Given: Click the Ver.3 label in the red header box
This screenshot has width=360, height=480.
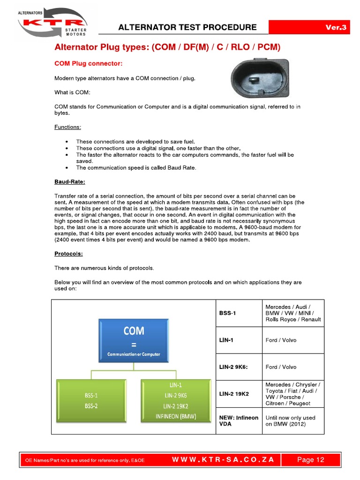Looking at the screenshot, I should [336, 28].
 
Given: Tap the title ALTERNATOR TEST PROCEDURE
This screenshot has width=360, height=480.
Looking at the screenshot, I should [187, 27].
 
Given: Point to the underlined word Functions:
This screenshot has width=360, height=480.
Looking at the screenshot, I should [67, 127].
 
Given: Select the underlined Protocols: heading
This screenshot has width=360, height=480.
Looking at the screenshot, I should [68, 254].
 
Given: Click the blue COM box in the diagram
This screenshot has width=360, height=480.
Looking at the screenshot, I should [134, 340].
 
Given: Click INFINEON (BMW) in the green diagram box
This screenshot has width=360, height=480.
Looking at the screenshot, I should [176, 416].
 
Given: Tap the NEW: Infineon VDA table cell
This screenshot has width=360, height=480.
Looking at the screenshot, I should [238, 420].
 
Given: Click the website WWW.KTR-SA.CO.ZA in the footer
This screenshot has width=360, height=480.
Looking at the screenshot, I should [223, 460].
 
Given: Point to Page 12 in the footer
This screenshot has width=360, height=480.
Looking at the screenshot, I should [310, 460].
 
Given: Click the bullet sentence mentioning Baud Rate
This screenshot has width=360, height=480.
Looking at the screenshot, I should [136, 167].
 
